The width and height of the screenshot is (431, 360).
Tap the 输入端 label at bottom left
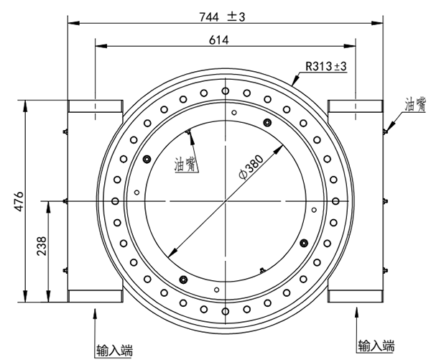[115, 351]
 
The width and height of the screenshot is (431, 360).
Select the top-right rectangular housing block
[355, 107]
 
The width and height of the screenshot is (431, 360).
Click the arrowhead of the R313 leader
[294, 83]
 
